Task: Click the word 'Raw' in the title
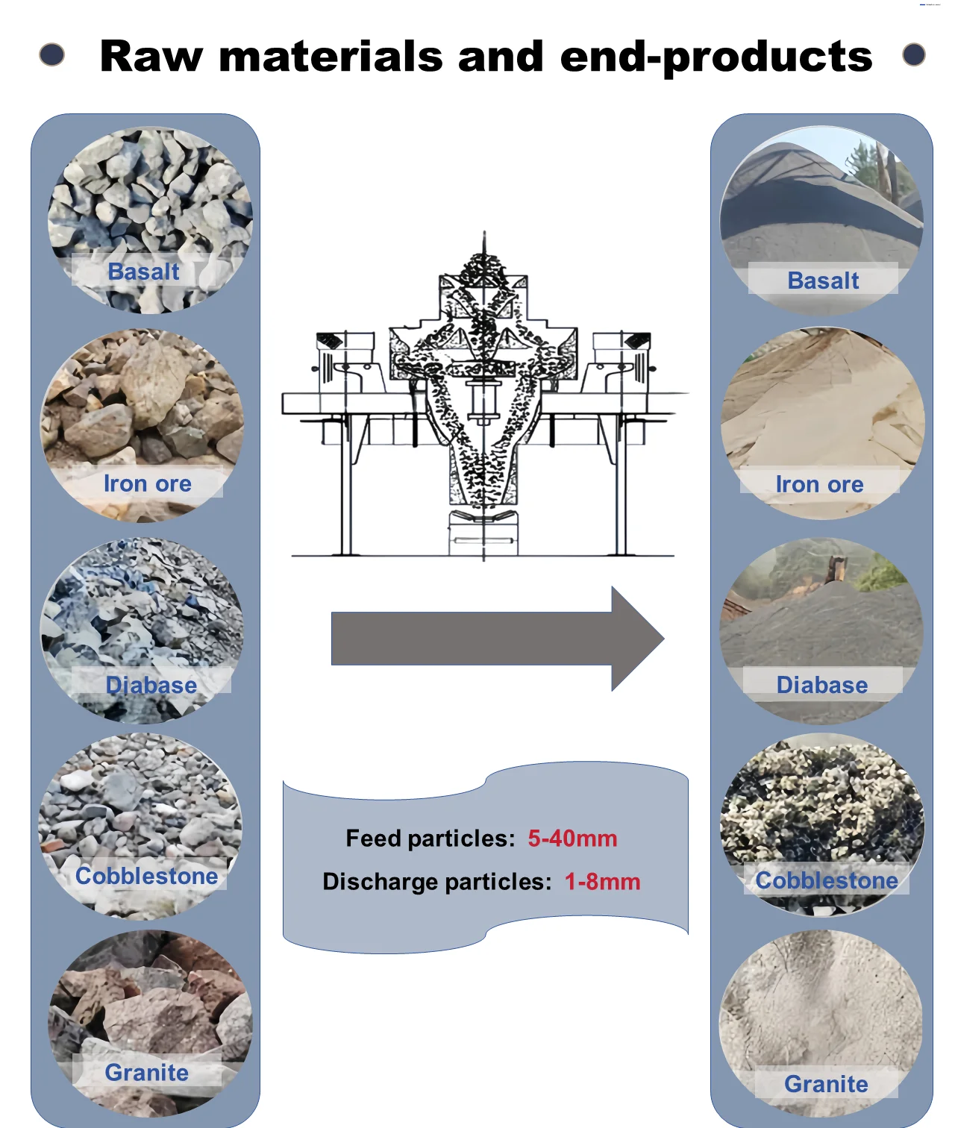151,57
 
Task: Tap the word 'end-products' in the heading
716,58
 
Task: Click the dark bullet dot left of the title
51,54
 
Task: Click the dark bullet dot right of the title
914,54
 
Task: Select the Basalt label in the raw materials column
143,272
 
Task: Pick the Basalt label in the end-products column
823,281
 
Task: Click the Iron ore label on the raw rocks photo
147,483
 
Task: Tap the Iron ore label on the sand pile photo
819,484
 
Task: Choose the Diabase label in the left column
151,685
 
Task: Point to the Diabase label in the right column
822,685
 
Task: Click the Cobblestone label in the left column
146,876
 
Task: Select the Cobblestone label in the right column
827,880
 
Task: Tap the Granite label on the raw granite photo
146,1072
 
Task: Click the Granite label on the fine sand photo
826,1084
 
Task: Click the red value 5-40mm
572,839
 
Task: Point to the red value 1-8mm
602,882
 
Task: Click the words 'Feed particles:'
430,839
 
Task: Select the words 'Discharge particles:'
436,882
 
